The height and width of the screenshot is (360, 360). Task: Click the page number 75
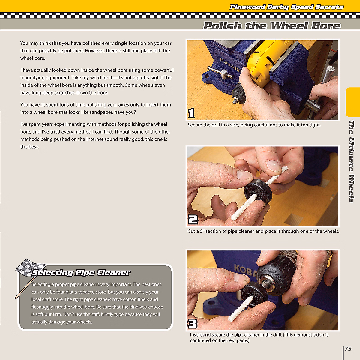pyautogui.click(x=348, y=349)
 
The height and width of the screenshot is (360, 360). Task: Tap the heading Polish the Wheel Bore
pyautogui.click(x=272, y=26)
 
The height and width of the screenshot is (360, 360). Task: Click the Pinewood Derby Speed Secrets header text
pyautogui.click(x=286, y=7)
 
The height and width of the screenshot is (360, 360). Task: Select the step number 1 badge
pyautogui.click(x=191, y=113)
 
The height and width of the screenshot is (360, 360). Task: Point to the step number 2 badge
pyautogui.click(x=193, y=220)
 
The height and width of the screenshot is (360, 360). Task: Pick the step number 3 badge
pyautogui.click(x=192, y=324)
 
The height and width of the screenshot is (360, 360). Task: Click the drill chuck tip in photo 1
pyautogui.click(x=236, y=101)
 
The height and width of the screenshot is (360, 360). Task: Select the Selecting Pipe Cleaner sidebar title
pyautogui.click(x=81, y=272)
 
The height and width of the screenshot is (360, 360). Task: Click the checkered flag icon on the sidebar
pyautogui.click(x=30, y=268)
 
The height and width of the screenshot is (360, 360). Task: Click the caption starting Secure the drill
pyautogui.click(x=254, y=125)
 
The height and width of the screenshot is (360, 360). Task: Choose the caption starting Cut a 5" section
pyautogui.click(x=263, y=231)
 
